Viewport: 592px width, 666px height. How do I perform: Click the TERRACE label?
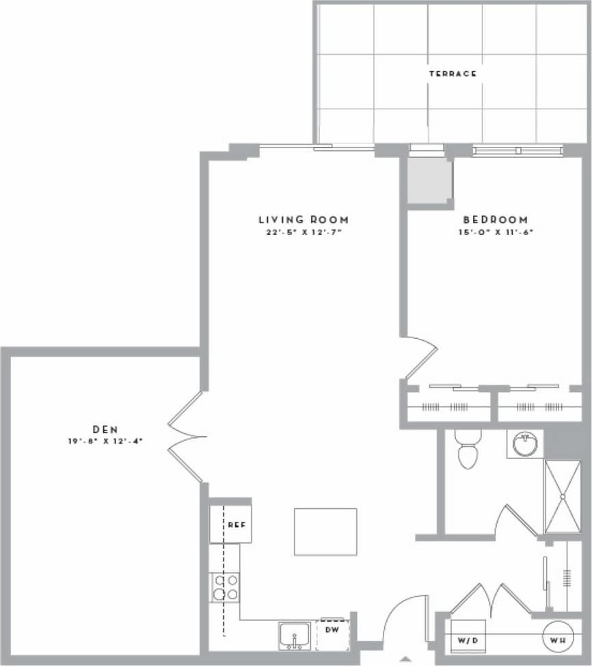pyautogui.click(x=452, y=74)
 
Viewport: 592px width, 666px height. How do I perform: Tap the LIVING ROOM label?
pyautogui.click(x=303, y=220)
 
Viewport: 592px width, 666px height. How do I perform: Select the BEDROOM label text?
pyautogui.click(x=496, y=220)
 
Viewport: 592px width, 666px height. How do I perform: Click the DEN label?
pyautogui.click(x=105, y=429)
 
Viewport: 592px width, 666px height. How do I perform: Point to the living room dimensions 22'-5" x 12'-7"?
pyautogui.click(x=303, y=232)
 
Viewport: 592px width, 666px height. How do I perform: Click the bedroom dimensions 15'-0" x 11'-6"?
pyautogui.click(x=496, y=232)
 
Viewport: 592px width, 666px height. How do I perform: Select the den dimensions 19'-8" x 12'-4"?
pyautogui.click(x=105, y=441)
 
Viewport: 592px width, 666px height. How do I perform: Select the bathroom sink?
pyautogui.click(x=525, y=444)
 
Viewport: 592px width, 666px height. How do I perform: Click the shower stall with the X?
pyautogui.click(x=563, y=497)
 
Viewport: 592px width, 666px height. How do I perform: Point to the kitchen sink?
pyautogui.click(x=296, y=636)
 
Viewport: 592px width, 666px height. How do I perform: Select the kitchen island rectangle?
pyautogui.click(x=325, y=531)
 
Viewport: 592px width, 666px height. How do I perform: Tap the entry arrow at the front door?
pyautogui.click(x=406, y=659)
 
